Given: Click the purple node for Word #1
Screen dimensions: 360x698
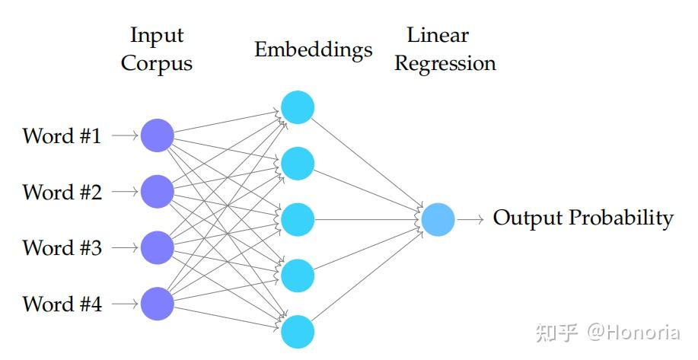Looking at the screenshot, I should click(158, 135).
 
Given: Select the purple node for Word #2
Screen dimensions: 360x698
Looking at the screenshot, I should click(158, 192).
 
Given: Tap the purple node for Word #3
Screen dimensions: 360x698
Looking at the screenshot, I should click(158, 247).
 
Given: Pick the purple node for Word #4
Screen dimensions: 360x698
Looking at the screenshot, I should click(158, 304).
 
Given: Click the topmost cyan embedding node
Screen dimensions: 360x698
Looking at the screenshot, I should click(297, 107).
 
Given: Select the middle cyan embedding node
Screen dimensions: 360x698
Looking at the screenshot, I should click(297, 219).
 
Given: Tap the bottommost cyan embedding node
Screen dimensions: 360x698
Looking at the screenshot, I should click(297, 331).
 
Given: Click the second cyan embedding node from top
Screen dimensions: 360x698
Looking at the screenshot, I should click(297, 163).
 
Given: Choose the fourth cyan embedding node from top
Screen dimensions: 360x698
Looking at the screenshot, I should click(297, 276).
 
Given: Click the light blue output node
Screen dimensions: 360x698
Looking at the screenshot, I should click(438, 219).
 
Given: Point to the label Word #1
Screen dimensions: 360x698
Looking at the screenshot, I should click(62, 136).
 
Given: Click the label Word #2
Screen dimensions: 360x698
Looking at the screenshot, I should click(62, 192).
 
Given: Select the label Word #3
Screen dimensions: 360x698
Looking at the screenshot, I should click(62, 248).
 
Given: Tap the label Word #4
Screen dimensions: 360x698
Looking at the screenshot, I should click(62, 304).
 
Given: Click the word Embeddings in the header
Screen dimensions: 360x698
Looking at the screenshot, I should click(314, 50).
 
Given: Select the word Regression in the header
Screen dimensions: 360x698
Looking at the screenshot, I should click(445, 64).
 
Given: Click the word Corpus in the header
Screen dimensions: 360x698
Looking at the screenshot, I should click(157, 64).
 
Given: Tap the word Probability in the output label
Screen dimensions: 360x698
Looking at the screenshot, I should click(622, 218).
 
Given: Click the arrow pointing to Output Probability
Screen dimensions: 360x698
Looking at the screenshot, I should click(470, 219).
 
